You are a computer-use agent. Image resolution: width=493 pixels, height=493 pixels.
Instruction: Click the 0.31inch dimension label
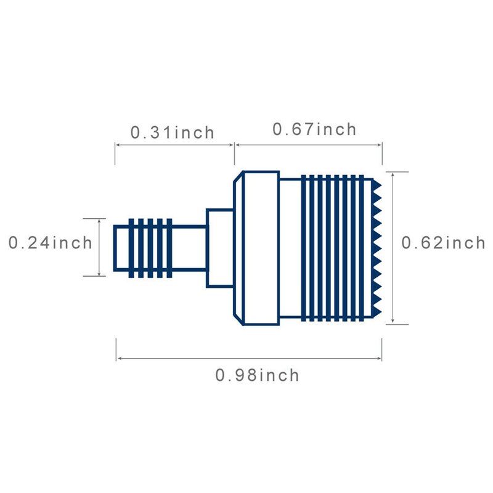[x=172, y=132]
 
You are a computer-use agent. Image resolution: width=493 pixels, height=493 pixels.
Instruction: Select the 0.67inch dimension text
[x=314, y=129]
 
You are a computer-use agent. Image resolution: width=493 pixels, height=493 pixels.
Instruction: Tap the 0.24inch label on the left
[x=51, y=242]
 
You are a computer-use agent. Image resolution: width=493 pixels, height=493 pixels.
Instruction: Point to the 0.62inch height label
[x=443, y=243]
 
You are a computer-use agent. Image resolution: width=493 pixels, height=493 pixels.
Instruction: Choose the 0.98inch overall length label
[x=257, y=375]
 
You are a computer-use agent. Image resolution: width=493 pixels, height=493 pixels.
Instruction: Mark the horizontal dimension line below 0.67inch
[x=308, y=145]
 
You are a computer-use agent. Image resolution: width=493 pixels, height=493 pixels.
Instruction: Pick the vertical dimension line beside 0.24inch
[x=99, y=246]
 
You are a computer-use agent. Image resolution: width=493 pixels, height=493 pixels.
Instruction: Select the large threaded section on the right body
[x=336, y=248]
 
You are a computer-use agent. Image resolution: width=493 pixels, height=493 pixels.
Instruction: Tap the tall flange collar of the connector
[x=256, y=248]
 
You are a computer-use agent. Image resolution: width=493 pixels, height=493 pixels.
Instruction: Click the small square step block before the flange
[x=219, y=248]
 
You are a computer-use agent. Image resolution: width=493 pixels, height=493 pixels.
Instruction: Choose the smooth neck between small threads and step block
[x=189, y=248]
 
